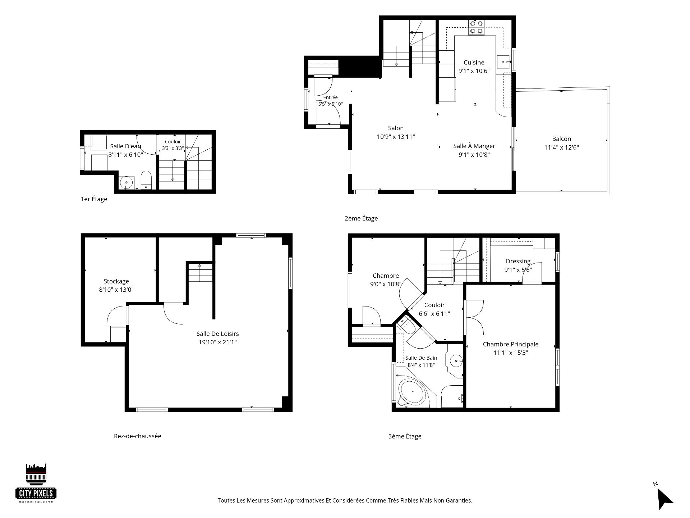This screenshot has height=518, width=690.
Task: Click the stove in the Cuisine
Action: coord(476,28)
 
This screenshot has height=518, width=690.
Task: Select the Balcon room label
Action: coord(561,139)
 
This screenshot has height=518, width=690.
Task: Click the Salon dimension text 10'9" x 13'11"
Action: coord(396,137)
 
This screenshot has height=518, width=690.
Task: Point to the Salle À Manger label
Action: coord(474,146)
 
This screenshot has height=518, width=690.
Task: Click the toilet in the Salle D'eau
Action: coord(146,180)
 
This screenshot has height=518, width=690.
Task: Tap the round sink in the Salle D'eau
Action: coord(126,182)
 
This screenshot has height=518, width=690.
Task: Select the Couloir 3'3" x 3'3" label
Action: coord(173,145)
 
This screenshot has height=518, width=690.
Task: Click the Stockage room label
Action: coord(116,281)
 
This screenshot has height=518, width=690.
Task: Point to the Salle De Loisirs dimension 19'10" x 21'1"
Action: coord(218,342)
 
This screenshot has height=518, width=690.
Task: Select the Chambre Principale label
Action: coord(511,344)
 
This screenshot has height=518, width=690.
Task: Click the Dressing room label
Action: coord(518,261)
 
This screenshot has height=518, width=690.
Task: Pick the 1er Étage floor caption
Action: coord(94,199)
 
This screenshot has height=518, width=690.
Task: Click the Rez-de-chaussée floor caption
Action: coord(138,436)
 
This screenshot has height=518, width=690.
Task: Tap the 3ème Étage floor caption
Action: coord(405,436)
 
